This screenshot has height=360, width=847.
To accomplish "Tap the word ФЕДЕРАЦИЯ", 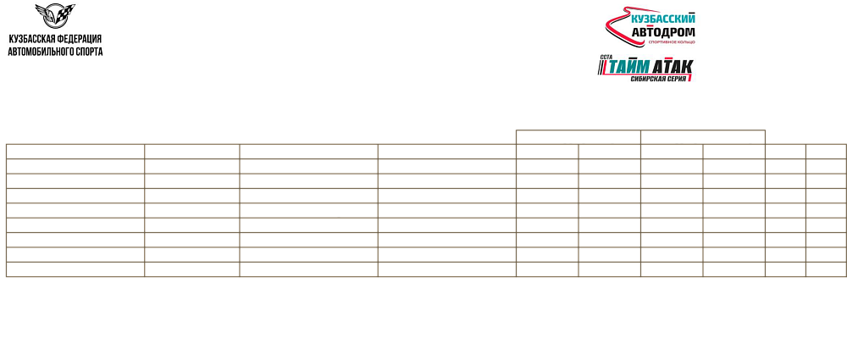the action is tap(80, 40).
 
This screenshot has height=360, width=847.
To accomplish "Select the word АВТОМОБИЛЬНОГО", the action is tap(39, 52).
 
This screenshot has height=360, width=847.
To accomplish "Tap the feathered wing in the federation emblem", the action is tap(44, 12).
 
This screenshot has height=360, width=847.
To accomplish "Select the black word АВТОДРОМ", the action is tap(663, 33).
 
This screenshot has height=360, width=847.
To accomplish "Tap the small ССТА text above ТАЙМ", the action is tap(606, 56).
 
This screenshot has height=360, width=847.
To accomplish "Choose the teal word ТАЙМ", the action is tap(628, 67).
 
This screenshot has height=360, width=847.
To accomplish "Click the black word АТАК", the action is tap(672, 67).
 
